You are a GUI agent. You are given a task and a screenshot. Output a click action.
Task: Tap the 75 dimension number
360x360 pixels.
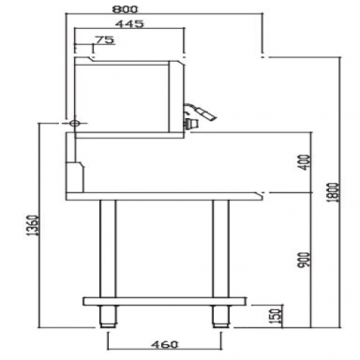click(105, 40)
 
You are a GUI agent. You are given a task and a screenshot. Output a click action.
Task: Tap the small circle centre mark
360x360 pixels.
click(74, 123)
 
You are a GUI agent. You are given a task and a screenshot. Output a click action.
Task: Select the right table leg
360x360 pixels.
click(221, 247)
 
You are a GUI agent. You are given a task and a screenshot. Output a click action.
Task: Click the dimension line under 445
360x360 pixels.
click(128, 31)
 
